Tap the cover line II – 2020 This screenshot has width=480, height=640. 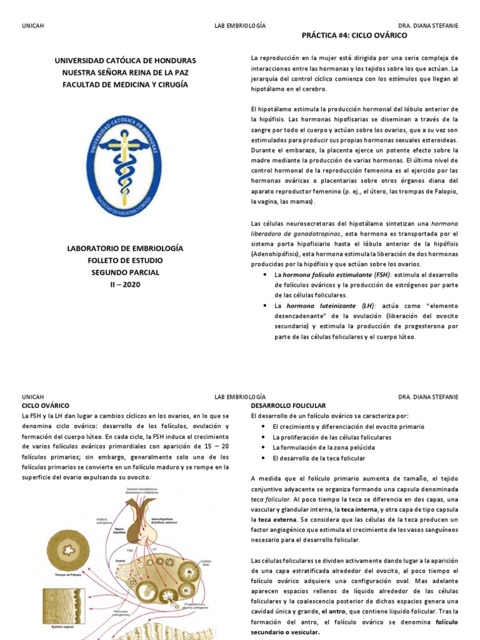(125, 284)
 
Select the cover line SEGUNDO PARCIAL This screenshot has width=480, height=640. (125, 272)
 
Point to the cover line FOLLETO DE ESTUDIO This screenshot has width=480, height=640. (125, 260)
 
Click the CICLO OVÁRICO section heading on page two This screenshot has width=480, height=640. (45, 406)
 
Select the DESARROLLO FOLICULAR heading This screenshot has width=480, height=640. (288, 406)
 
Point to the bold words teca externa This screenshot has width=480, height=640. (276, 519)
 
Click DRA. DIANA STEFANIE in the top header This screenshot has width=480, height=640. (428, 26)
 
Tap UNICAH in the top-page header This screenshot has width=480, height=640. (32, 26)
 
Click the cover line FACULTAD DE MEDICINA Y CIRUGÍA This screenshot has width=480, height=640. (125, 84)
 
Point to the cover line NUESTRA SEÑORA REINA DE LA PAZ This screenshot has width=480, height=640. (125, 72)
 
